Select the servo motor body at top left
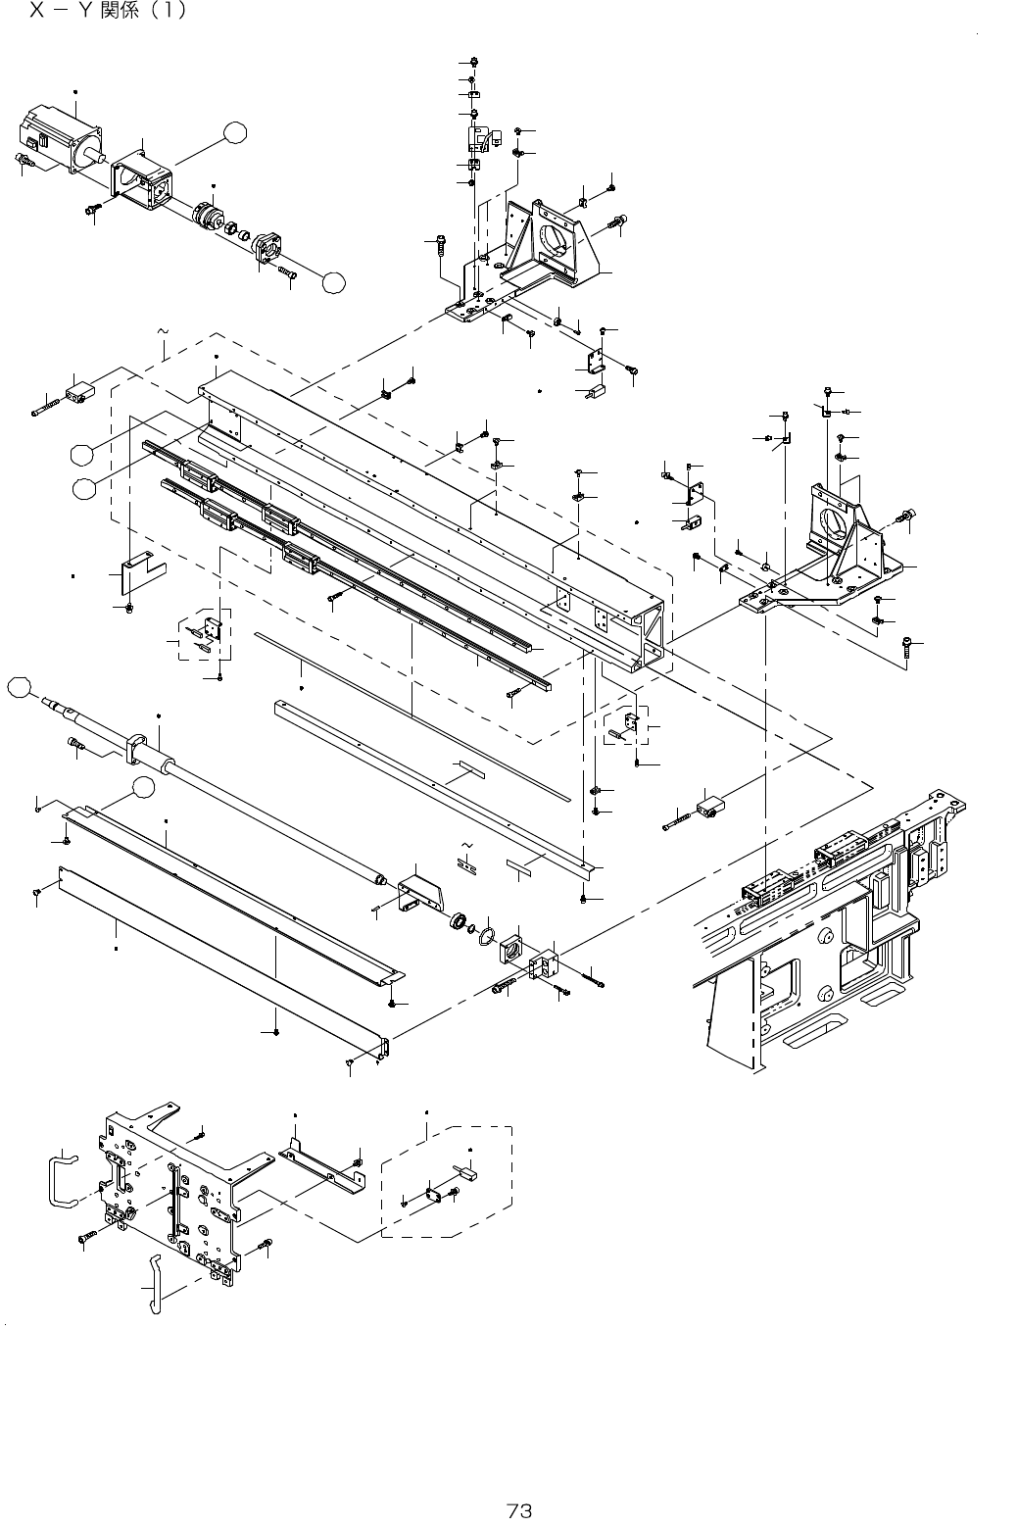[57, 132]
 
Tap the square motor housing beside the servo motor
[144, 183]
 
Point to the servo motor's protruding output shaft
[97, 153]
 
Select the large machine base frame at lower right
[823, 941]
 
